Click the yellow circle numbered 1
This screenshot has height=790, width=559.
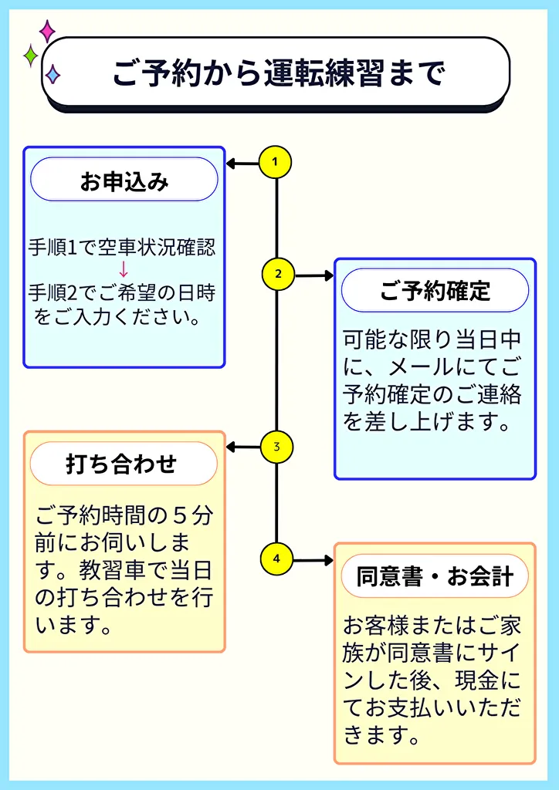point(276,162)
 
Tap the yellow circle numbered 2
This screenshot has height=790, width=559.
point(277,274)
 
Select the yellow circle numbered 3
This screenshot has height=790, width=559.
point(276,447)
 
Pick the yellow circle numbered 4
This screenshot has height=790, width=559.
point(277,559)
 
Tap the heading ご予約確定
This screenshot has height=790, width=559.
point(435,291)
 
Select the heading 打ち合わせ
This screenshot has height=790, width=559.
point(124,464)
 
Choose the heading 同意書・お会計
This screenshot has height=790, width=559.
point(435,576)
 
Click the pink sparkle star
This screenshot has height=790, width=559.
point(47,31)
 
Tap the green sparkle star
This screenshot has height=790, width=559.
point(31,56)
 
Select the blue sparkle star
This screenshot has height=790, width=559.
point(53,74)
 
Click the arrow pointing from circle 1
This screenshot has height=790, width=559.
point(242,163)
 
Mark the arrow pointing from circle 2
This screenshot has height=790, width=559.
point(313,275)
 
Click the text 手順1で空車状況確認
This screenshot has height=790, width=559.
point(121,248)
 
